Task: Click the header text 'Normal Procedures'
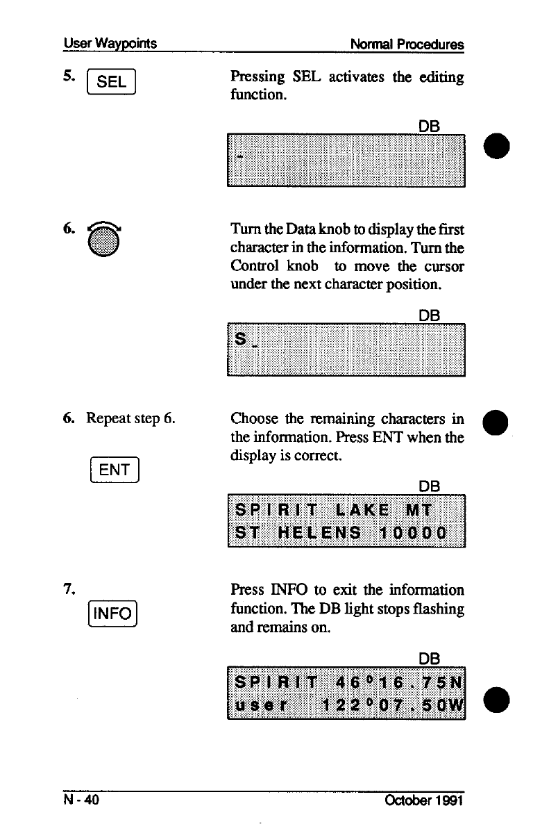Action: pos(407,44)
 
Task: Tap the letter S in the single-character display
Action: pos(241,340)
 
